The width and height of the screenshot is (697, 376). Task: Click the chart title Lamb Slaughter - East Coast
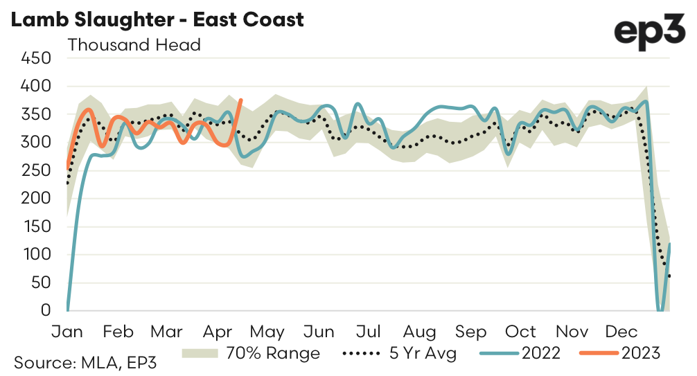coord(157,19)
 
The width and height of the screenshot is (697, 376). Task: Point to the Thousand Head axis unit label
coord(134,46)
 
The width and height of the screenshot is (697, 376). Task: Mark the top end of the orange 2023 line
coord(240,100)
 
